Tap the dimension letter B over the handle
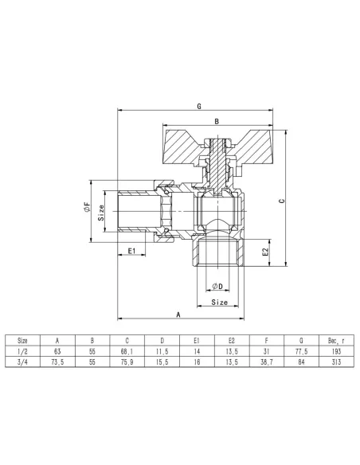[216, 121]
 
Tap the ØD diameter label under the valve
[216, 285]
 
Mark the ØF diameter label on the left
[85, 209]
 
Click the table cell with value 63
[56, 350]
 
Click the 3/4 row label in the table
[22, 362]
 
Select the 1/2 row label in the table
[22, 350]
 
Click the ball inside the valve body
[216, 213]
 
